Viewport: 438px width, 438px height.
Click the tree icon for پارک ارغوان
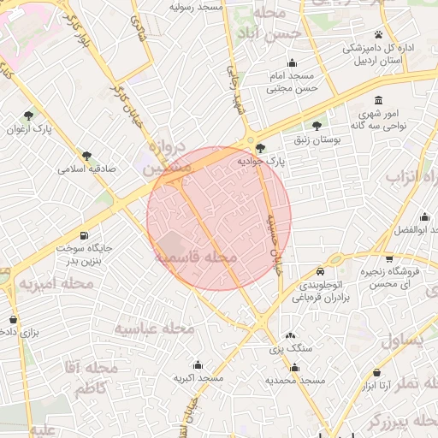[x=29, y=115]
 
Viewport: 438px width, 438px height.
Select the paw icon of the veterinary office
[x=377, y=35]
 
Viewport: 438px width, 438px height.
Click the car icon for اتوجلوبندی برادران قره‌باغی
[x=308, y=272]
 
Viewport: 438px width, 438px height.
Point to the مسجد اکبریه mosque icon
[x=198, y=364]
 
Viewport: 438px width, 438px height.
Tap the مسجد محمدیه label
[x=295, y=380]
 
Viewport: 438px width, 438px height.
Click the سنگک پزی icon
[x=290, y=336]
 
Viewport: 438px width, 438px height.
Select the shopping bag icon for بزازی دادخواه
[x=13, y=319]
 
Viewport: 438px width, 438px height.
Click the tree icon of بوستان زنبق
[x=319, y=125]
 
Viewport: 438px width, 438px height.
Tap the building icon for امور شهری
[x=379, y=98]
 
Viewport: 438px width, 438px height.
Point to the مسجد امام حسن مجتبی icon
[x=293, y=62]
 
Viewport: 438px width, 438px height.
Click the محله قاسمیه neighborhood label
[x=196, y=256]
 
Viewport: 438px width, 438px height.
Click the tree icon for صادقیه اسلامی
[x=86, y=156]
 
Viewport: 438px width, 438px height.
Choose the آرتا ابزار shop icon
[x=377, y=373]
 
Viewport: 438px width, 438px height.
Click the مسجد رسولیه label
[x=196, y=6]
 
